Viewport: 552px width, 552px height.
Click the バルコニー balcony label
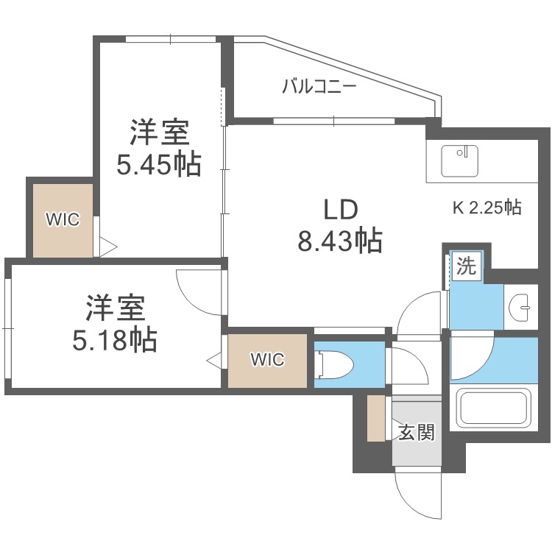(319, 87)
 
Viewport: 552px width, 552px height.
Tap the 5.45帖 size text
(158, 166)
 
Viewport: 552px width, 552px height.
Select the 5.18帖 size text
(115, 339)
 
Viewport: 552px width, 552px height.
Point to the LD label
(340, 210)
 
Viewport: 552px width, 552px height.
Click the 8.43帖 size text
(339, 241)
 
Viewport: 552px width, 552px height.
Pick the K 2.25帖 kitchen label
(486, 208)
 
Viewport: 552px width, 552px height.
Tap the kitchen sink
(460, 160)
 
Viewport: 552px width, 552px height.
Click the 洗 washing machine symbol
(465, 266)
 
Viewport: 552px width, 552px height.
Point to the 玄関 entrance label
(417, 432)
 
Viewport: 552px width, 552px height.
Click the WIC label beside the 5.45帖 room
(62, 219)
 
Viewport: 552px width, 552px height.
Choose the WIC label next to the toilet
(266, 360)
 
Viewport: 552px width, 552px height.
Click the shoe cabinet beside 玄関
(376, 419)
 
